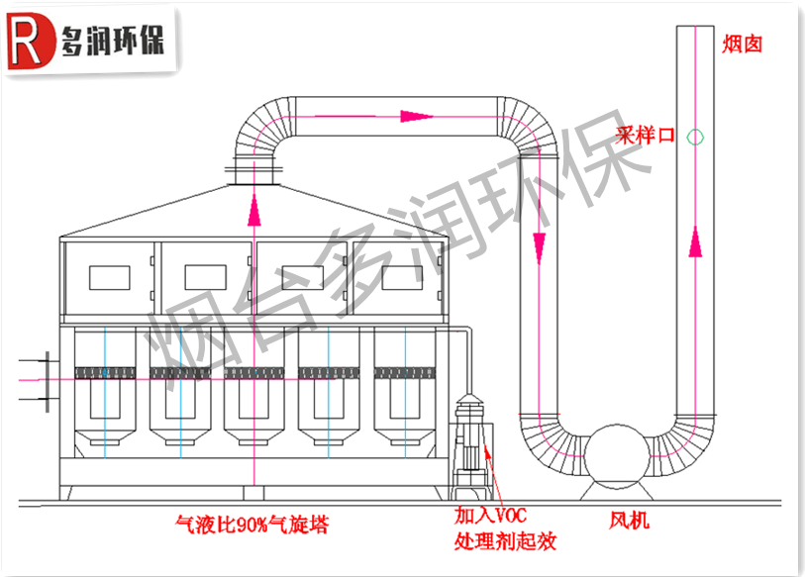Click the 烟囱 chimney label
point(742,44)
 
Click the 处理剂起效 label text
point(504,541)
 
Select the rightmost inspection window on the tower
point(402,277)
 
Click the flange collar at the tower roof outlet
point(255,179)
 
